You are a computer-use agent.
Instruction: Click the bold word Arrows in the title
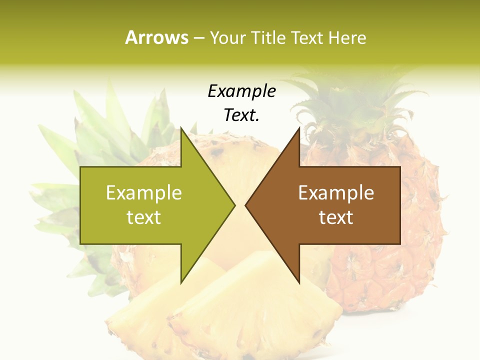pyautogui.click(x=156, y=37)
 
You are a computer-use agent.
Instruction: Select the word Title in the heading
pyautogui.click(x=268, y=37)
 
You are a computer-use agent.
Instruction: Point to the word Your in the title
pyautogui.click(x=227, y=37)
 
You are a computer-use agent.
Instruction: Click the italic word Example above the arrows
pyautogui.click(x=242, y=91)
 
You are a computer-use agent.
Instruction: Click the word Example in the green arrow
pyautogui.click(x=144, y=193)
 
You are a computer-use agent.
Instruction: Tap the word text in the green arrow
pyautogui.click(x=144, y=217)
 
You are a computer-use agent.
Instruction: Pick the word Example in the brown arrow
pyautogui.click(x=336, y=193)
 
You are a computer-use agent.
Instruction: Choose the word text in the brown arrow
pyautogui.click(x=336, y=217)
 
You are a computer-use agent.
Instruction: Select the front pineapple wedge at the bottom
pyautogui.click(x=250, y=310)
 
